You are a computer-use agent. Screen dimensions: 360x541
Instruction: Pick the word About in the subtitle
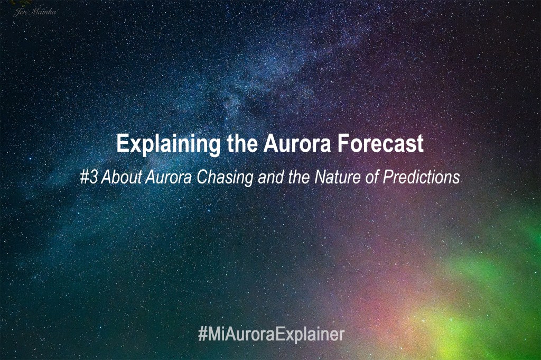point(121,177)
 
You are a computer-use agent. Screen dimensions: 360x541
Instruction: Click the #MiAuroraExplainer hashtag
point(271,335)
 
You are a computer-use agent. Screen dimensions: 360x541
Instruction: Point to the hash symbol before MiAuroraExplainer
point(202,335)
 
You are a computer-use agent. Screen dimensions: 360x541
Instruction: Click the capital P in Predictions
point(387,177)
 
